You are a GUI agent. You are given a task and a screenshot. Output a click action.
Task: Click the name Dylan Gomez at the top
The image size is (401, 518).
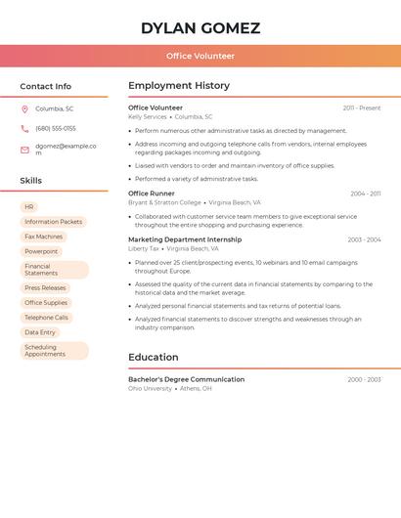click(x=200, y=28)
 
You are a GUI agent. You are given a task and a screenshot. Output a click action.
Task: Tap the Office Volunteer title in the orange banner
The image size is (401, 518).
click(x=200, y=56)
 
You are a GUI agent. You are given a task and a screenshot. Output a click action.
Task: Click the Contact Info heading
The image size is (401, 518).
click(x=46, y=86)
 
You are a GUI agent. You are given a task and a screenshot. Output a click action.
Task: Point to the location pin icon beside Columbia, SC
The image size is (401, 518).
click(x=24, y=109)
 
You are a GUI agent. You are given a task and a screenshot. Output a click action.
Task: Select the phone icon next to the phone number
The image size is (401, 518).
click(x=24, y=128)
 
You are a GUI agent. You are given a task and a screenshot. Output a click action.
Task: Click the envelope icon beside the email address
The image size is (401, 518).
click(x=24, y=150)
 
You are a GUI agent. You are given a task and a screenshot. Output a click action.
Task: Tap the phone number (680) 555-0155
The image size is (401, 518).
click(x=56, y=128)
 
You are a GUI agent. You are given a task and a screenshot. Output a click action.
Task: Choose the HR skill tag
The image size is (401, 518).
click(x=29, y=207)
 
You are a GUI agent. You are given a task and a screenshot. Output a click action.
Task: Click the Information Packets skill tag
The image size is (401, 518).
click(x=53, y=222)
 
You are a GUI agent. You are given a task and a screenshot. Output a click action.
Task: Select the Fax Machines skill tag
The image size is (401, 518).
click(x=43, y=237)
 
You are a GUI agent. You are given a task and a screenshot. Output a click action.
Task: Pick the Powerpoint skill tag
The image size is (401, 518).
click(x=41, y=251)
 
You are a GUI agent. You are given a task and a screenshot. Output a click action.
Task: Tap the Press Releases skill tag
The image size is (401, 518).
click(x=45, y=287)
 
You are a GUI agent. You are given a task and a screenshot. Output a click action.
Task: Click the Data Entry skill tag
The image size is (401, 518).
click(x=40, y=332)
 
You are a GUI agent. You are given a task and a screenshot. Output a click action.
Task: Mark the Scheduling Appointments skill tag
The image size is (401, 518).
click(x=54, y=350)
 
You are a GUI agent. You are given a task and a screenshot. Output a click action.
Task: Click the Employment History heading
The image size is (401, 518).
click(x=179, y=86)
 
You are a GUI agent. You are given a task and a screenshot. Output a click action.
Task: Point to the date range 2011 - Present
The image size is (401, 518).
click(x=361, y=108)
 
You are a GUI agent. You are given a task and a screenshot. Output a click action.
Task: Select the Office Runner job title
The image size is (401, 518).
click(x=152, y=194)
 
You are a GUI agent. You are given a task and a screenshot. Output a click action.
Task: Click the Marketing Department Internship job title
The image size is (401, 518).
click(x=185, y=239)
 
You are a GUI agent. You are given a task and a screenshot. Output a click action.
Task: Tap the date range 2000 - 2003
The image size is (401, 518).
click(x=364, y=379)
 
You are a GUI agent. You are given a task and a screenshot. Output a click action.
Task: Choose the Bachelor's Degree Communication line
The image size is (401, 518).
click(x=186, y=379)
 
